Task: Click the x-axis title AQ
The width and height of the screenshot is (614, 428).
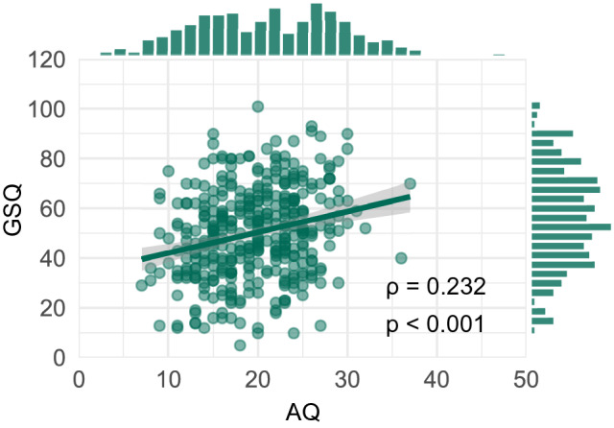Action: pyautogui.click(x=303, y=413)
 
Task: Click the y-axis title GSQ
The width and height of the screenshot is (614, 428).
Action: pyautogui.click(x=17, y=207)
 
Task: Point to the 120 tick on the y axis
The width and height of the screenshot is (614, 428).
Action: pyautogui.click(x=46, y=59)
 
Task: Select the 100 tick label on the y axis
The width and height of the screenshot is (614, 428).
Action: pyautogui.click(x=46, y=109)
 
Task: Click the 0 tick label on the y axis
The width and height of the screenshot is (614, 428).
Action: pyautogui.click(x=59, y=357)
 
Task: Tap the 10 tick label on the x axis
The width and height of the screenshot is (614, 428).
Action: pyautogui.click(x=168, y=380)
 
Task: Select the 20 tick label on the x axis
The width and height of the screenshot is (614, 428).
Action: pyautogui.click(x=257, y=380)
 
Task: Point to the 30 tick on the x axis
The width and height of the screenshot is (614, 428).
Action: pyautogui.click(x=347, y=380)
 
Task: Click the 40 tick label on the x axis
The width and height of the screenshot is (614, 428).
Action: pyautogui.click(x=437, y=380)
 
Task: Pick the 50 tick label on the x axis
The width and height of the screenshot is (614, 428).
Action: pyautogui.click(x=526, y=380)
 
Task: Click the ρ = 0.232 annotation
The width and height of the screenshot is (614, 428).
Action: pyautogui.click(x=436, y=287)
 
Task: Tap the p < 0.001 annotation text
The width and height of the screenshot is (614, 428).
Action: pyautogui.click(x=436, y=325)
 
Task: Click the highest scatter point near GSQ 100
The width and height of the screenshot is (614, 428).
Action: pyautogui.click(x=257, y=107)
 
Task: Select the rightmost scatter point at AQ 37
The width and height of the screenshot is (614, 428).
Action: pyautogui.click(x=410, y=183)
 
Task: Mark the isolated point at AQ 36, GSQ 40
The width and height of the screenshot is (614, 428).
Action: pyautogui.click(x=401, y=257)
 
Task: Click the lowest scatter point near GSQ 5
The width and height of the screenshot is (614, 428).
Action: pyautogui.click(x=240, y=345)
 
